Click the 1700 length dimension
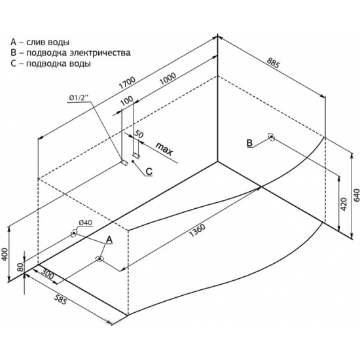[x=127, y=83]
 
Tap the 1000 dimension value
[x=168, y=79]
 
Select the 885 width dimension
[x=273, y=63]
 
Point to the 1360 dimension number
[x=197, y=230]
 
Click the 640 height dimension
[x=357, y=196]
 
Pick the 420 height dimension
[x=344, y=204]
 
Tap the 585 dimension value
[x=61, y=299]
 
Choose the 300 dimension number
[x=48, y=273]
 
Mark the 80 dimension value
[x=20, y=268]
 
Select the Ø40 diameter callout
[x=85, y=223]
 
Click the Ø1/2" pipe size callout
[x=79, y=98]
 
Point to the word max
[x=164, y=149]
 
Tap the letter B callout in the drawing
[x=249, y=143]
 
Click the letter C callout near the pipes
[x=149, y=171]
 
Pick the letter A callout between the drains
[x=109, y=240]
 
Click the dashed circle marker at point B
[x=272, y=137]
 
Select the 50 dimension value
[x=139, y=134]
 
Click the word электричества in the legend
[x=100, y=53]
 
